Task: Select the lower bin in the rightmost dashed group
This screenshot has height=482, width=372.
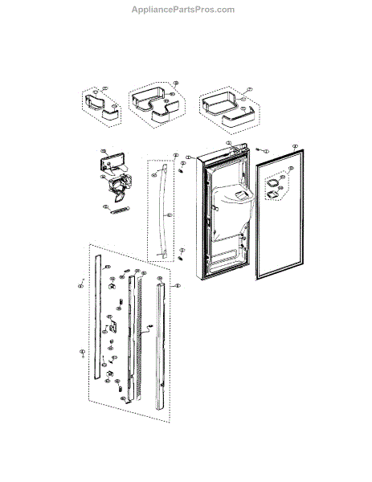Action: point(228,118)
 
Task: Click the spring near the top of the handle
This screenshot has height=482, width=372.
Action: point(182,169)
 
